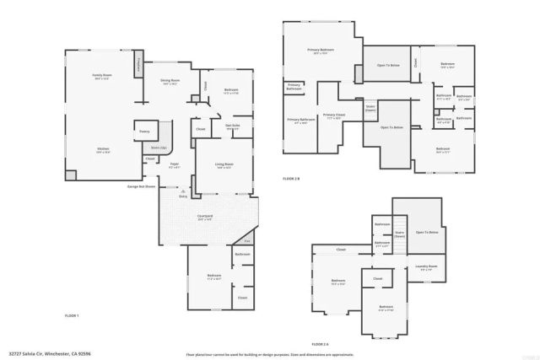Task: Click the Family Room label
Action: tap(102, 77)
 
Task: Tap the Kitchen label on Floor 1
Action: tap(102, 149)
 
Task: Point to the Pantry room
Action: tap(144, 132)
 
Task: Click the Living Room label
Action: tap(224, 165)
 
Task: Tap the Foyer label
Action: tap(175, 165)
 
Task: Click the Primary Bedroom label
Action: tap(321, 51)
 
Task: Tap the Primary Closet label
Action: tap(334, 116)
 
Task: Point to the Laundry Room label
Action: tap(427, 267)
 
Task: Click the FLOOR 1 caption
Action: tap(73, 315)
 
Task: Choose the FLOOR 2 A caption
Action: tap(320, 344)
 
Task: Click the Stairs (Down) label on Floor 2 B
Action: tap(370, 108)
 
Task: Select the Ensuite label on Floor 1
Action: tap(233, 126)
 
